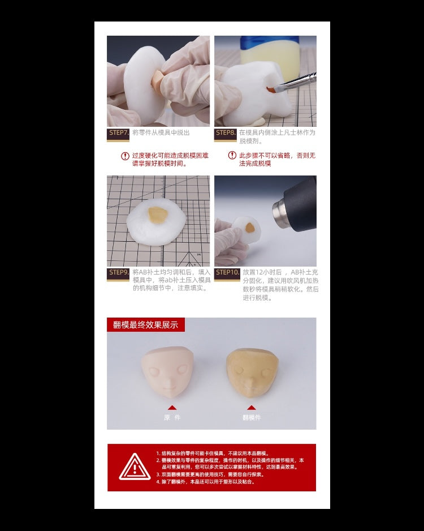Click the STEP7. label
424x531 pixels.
(118, 133)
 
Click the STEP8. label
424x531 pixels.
(226, 133)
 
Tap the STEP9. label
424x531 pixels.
(118, 273)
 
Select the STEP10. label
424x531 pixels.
(227, 273)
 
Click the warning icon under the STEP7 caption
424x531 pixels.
(125, 156)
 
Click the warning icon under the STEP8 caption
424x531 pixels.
(232, 156)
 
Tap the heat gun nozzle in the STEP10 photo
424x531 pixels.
(281, 211)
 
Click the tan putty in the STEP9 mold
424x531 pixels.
(157, 215)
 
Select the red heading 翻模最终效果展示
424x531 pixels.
(145, 325)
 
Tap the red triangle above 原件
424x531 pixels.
(172, 407)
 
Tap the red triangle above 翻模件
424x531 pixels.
(252, 407)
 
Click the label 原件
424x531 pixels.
(172, 418)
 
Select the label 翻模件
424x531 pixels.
(252, 418)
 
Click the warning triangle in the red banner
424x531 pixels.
(135, 467)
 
